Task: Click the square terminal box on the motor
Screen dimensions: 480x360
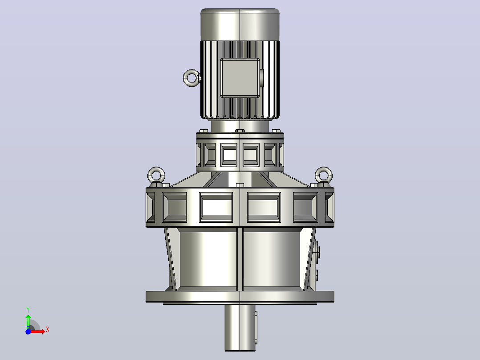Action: (240, 78)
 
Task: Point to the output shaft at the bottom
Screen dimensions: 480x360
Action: (240, 327)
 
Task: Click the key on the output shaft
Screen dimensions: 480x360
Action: (256, 327)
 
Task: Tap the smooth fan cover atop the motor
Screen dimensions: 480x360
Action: (240, 25)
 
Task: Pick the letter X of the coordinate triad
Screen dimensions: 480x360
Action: (48, 330)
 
